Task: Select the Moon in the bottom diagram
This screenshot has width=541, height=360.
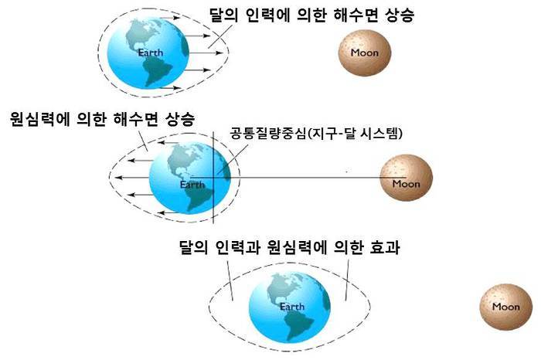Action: [505, 307]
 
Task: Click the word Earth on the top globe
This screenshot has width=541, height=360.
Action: [151, 53]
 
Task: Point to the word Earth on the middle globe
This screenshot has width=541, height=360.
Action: [192, 185]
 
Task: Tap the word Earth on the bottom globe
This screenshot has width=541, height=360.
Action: [292, 307]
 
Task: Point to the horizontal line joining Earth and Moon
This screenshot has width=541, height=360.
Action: [309, 179]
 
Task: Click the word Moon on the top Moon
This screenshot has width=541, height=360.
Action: [364, 53]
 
